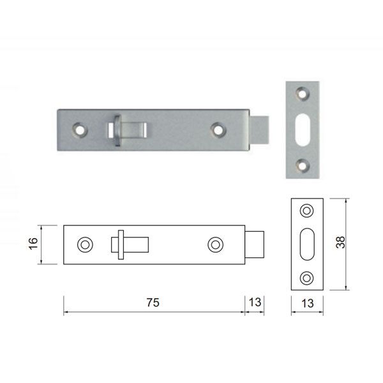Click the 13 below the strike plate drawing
coord(308,304)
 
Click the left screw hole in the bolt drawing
coord(84,244)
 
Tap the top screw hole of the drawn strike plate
coord(308,211)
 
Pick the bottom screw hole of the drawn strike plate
coord(308,277)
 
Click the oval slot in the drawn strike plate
coord(308,244)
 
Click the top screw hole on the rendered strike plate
coord(303,94)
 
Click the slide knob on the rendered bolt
coord(118,129)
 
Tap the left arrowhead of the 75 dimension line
coord(66,312)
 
